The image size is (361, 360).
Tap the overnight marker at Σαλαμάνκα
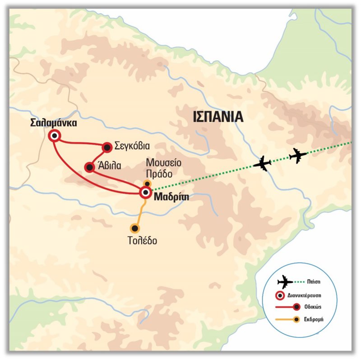[55, 136]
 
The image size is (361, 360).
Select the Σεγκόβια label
[132, 146]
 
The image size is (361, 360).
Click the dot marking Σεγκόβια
[107, 146]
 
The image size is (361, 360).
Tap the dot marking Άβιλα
[89, 168]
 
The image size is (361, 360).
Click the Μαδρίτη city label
[171, 197]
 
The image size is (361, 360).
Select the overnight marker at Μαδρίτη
[145, 193]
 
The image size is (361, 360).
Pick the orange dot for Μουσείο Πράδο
[147, 183]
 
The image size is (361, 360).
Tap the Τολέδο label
[142, 240]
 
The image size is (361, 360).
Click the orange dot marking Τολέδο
[134, 228]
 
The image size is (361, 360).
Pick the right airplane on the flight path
[298, 154]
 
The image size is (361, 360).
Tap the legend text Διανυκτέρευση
[311, 296]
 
